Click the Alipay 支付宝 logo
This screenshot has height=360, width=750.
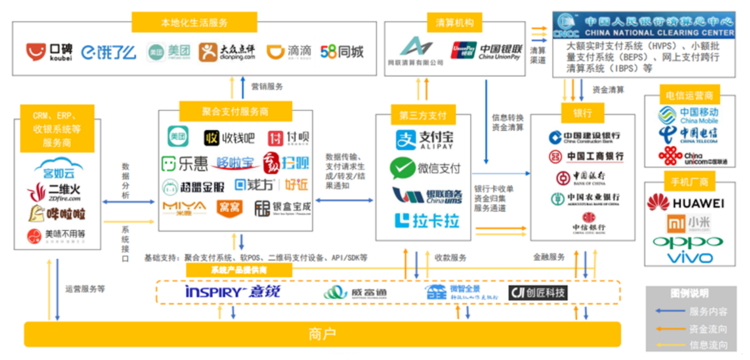pyautogui.click(x=424, y=140)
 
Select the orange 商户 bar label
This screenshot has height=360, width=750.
pyautogui.click(x=322, y=334)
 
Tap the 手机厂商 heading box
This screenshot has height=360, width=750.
pyautogui.click(x=689, y=182)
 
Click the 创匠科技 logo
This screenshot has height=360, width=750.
pyautogui.click(x=538, y=293)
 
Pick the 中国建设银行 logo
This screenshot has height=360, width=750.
pyautogui.click(x=584, y=137)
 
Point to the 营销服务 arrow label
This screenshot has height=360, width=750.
pyautogui.click(x=267, y=87)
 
